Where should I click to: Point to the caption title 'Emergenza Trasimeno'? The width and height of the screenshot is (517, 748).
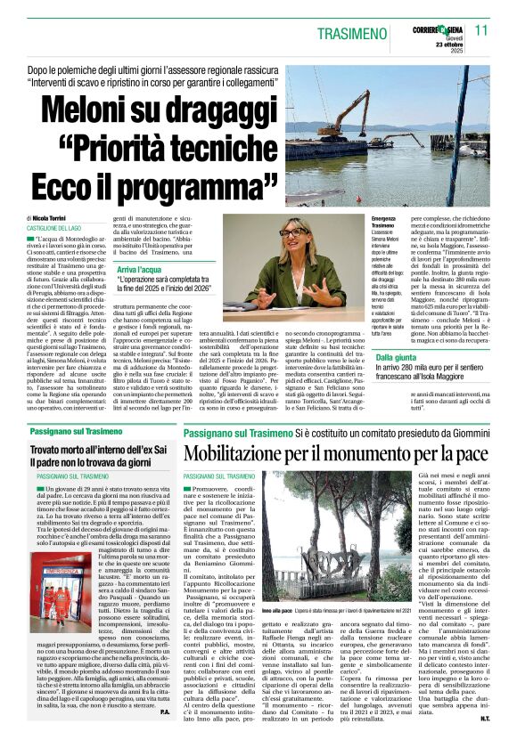[x=384, y=223]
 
